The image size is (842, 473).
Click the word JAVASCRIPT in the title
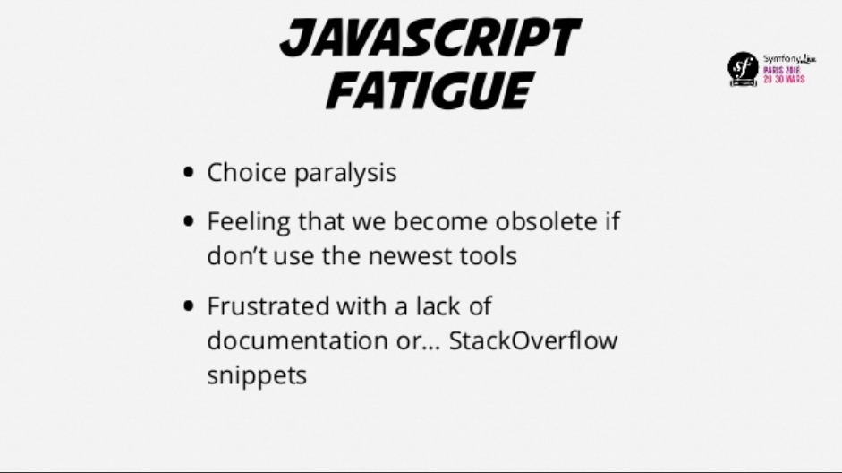coord(430,38)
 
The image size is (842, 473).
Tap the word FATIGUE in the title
coord(430,90)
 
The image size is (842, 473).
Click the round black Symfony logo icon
coord(744,69)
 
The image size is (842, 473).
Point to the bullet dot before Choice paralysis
coord(188,173)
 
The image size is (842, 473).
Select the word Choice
coord(246,173)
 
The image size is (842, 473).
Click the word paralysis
coord(345,174)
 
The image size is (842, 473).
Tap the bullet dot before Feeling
coord(188,221)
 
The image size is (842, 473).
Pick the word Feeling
coord(249,222)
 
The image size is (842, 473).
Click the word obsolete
coord(546,221)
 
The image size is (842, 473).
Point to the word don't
coord(237,255)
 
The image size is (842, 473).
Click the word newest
coord(410,256)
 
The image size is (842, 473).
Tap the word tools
coord(489,255)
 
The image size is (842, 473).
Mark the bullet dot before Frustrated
coord(188,305)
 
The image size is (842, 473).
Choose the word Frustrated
coord(268,305)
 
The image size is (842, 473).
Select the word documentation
coord(297,340)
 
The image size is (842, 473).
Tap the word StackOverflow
coord(533,340)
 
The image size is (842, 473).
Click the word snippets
coord(257,375)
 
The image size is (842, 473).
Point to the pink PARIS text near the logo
coord(773,71)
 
